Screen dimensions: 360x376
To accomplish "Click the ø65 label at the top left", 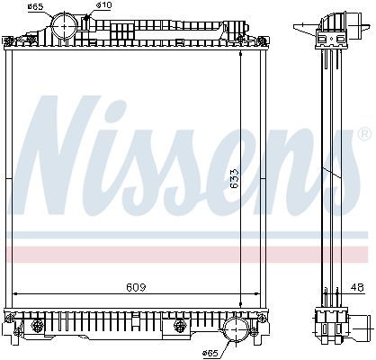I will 35,7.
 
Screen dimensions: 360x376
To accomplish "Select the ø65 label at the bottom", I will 213,351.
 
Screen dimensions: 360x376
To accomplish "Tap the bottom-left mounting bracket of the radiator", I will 12,317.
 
